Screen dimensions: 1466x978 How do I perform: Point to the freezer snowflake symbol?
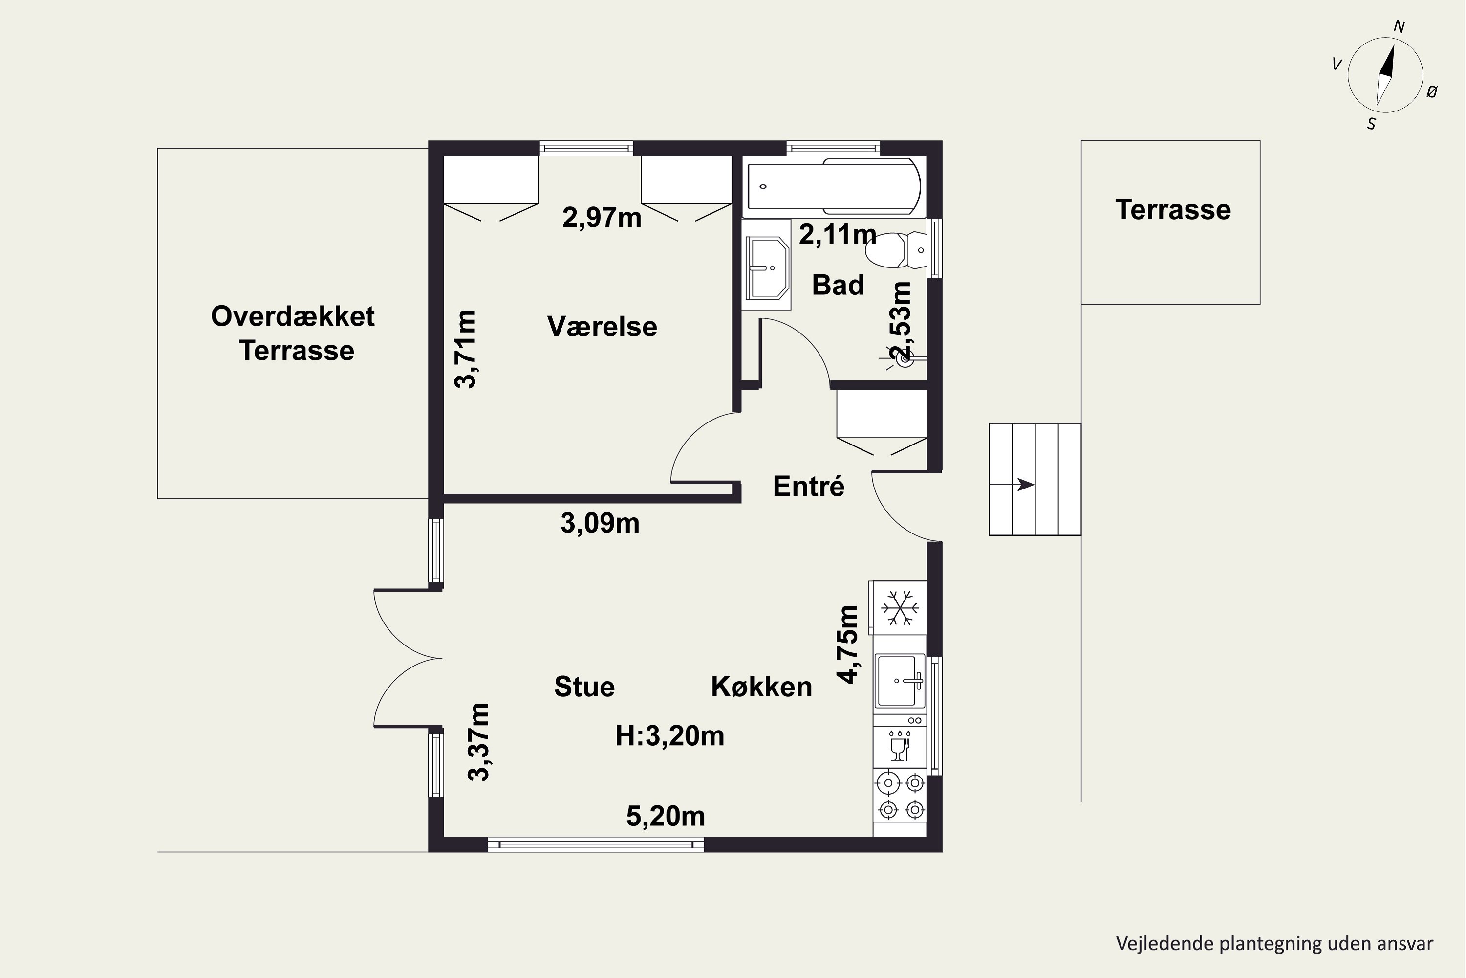[898, 607]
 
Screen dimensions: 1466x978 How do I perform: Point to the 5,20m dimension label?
[666, 817]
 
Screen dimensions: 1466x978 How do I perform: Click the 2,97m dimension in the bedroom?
[602, 218]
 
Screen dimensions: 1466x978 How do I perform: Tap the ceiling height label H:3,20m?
[670, 736]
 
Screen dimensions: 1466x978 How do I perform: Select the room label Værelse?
[602, 326]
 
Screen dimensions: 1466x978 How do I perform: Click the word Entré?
[808, 486]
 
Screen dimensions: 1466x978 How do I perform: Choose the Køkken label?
[762, 687]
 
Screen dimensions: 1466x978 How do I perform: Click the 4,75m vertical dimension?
[848, 645]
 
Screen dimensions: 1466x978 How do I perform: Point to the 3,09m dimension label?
[600, 523]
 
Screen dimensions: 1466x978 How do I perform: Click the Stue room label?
[584, 687]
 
